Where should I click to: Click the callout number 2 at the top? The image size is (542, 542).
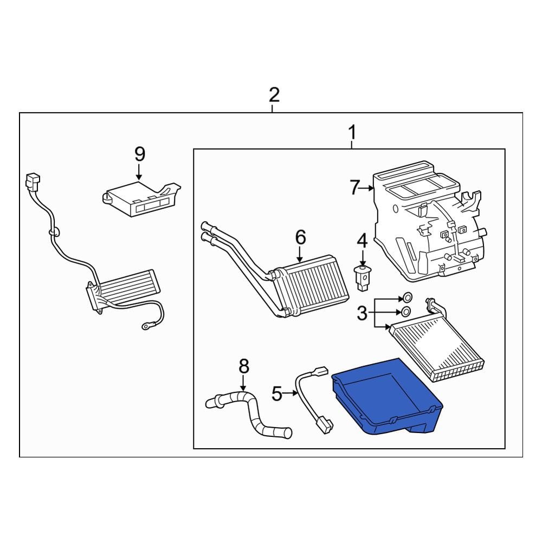274,95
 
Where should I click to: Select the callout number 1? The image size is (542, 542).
352,132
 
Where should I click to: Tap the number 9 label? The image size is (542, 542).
140,154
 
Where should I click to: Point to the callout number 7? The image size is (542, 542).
354,188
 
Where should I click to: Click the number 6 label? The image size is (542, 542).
300,237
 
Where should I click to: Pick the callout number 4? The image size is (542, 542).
362,241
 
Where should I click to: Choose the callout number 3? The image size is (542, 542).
362,313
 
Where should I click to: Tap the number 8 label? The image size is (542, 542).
244,366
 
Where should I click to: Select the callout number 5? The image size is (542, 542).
277,393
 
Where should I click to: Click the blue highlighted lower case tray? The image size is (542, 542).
387,397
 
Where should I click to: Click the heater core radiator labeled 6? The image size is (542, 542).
310,285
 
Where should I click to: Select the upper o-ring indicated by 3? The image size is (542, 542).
407,297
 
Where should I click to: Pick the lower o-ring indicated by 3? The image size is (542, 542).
406,312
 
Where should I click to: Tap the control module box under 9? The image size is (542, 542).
141,199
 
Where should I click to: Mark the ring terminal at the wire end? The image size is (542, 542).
146,325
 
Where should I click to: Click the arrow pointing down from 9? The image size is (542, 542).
139,172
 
